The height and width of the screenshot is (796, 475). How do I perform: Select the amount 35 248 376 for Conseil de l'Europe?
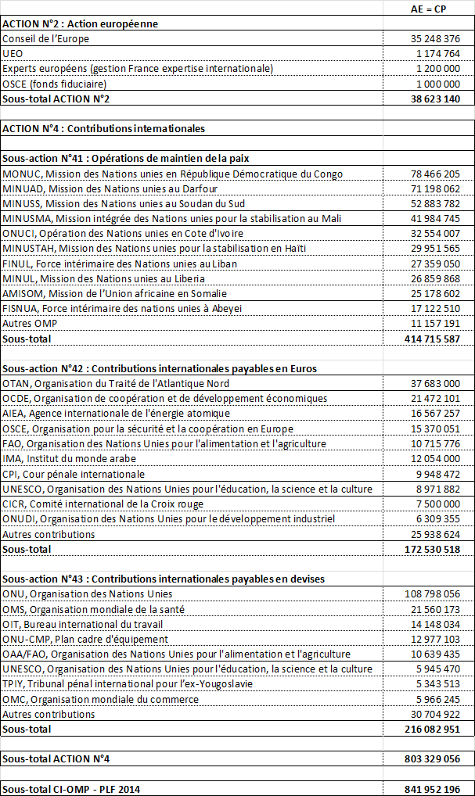435,38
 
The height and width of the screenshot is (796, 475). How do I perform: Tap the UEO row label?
13,53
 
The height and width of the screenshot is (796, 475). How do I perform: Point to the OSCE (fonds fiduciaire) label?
54,84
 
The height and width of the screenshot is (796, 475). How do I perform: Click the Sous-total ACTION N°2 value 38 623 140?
434,99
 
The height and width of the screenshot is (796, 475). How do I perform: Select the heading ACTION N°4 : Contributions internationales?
104,128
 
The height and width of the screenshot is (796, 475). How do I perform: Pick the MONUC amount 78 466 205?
435,174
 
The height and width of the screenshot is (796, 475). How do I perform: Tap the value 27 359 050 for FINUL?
435,264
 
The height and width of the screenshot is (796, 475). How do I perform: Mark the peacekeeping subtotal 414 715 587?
432,339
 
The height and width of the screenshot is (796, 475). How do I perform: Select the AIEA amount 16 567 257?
435,413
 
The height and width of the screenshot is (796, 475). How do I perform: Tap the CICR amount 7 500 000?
438,504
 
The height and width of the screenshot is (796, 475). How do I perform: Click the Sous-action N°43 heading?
164,579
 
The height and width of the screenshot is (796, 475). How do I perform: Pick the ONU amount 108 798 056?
432,594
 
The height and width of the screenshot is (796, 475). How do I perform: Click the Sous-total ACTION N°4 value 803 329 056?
432,758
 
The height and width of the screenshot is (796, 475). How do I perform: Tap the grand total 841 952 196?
432,788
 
